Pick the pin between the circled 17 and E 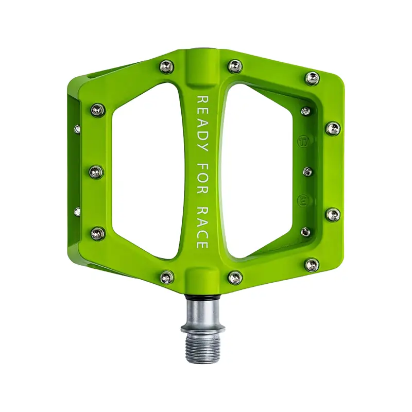(x=307, y=171)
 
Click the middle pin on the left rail (x=96, y=171)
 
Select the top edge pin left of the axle (x=166, y=66)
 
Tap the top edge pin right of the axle (x=235, y=65)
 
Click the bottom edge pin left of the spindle (x=166, y=278)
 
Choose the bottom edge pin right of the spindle (x=235, y=277)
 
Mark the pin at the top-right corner (x=312, y=78)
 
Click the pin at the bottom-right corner (x=312, y=265)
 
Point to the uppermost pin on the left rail (x=97, y=109)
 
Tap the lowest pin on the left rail (x=97, y=233)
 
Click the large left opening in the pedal (x=147, y=170)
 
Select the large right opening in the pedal (x=257, y=170)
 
